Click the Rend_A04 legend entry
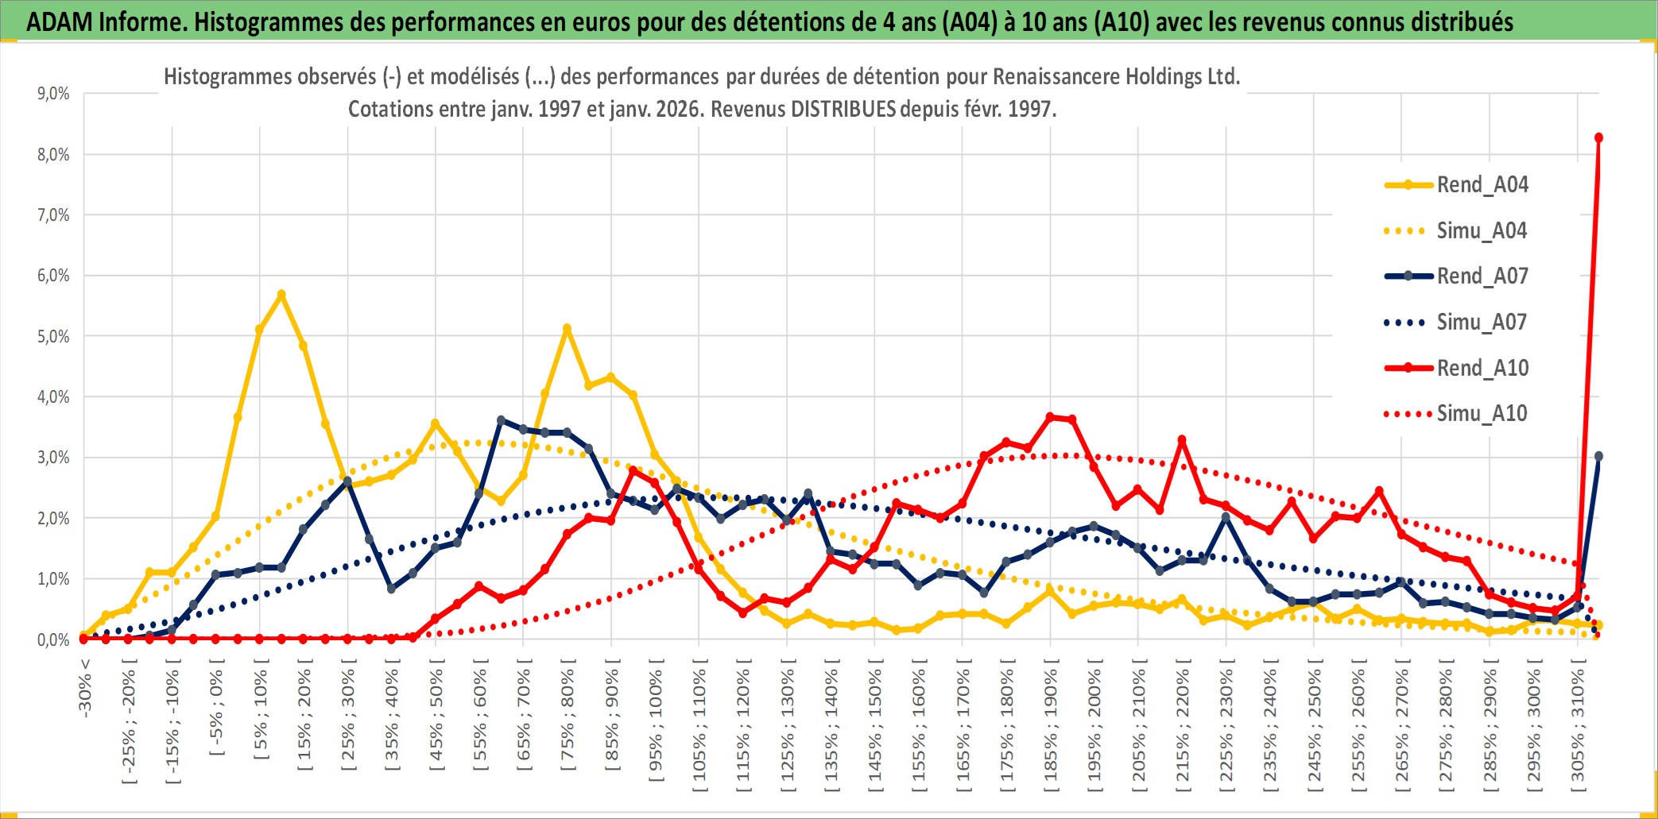(1482, 185)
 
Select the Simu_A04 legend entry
(1482, 231)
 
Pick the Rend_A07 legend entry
(1482, 276)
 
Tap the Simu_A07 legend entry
(1482, 323)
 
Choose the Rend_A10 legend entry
(1482, 368)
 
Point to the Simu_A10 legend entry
(1482, 413)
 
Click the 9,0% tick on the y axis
(53, 94)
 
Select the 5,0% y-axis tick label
(53, 336)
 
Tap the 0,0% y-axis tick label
(53, 639)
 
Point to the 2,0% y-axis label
(53, 519)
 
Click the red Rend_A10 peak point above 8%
(1598, 138)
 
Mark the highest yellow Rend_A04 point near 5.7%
(281, 295)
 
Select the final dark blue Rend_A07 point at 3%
(1598, 456)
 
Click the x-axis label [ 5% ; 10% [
(261, 715)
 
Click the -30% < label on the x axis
(85, 688)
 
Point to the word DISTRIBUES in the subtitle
(843, 109)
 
